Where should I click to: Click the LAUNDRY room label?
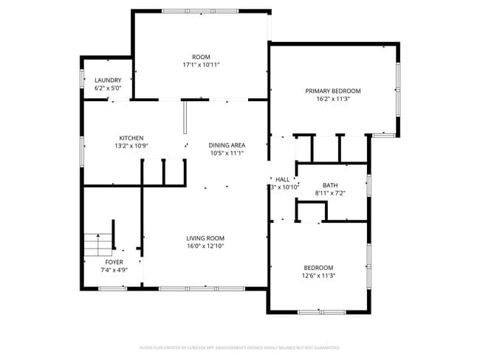(x=108, y=80)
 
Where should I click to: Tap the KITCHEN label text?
(x=131, y=138)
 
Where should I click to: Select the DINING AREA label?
(x=227, y=145)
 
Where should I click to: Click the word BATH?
(x=329, y=185)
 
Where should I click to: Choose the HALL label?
(x=283, y=179)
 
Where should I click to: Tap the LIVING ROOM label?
(x=205, y=238)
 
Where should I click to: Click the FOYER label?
(x=114, y=262)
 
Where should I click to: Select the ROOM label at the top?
(x=201, y=57)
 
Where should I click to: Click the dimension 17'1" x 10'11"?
(x=201, y=65)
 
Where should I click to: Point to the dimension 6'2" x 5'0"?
(x=108, y=88)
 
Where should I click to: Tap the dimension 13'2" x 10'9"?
(x=131, y=146)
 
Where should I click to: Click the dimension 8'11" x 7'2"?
(x=329, y=193)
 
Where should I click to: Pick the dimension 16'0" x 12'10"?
(x=205, y=246)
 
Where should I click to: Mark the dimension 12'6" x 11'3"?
(x=318, y=276)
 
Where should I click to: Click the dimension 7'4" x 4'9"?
(x=114, y=270)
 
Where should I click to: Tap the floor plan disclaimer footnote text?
(x=240, y=347)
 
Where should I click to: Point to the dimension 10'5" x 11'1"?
(x=227, y=153)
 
